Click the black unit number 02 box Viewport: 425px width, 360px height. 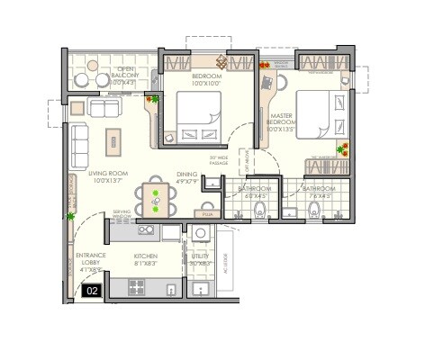[x=91, y=290]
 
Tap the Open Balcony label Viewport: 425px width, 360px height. [x=122, y=76]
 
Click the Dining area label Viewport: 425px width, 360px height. [x=186, y=177]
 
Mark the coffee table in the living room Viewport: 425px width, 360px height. [x=115, y=139]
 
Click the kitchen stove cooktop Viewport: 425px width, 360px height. [x=138, y=287]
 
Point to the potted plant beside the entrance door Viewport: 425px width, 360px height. [x=71, y=215]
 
